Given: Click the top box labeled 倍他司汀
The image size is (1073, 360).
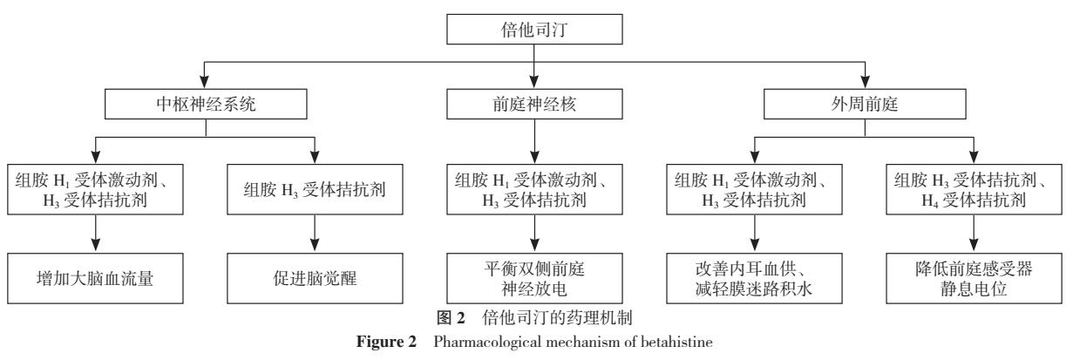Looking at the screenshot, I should [536, 31].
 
